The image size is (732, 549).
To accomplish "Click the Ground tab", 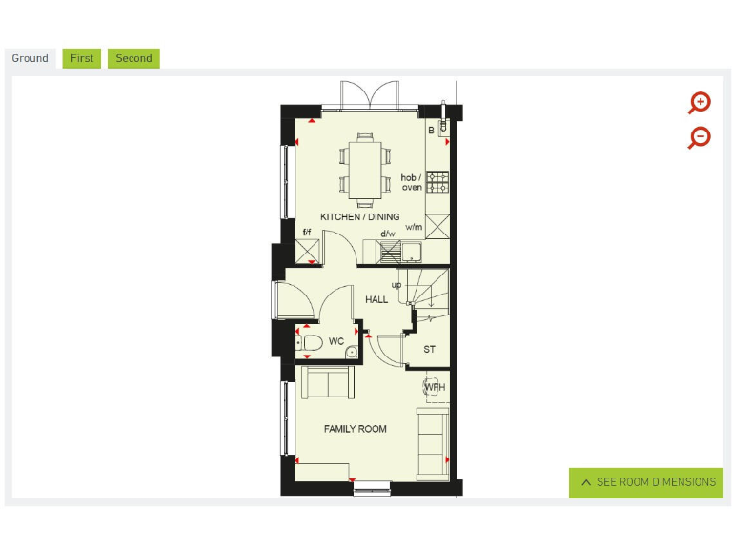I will coord(30,58).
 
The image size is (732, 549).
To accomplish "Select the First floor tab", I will coord(82,58).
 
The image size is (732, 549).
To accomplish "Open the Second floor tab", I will coord(133,58).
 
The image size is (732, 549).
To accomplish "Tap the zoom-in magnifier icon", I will coord(700,103).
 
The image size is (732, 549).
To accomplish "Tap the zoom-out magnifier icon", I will coord(700,137).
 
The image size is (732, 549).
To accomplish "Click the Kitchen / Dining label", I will coord(359,217).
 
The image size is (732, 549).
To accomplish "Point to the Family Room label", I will coord(355,429).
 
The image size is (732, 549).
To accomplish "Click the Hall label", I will coord(376,300).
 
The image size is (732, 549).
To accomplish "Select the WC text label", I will coord(336,341).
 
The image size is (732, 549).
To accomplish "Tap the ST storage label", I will coord(430,350).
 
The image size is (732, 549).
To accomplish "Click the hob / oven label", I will coord(412,182).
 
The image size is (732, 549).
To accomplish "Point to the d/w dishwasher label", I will coord(388,234).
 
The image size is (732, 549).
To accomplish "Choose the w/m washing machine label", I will coord(414,227).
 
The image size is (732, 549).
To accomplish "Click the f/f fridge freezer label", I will coord(307,233).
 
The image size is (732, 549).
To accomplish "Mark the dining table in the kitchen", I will coord(365,170).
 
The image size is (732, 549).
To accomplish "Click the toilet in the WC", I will coord(309,342).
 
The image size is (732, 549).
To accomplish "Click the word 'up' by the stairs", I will coord(396,284).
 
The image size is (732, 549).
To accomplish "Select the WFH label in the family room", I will coord(435,387).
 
